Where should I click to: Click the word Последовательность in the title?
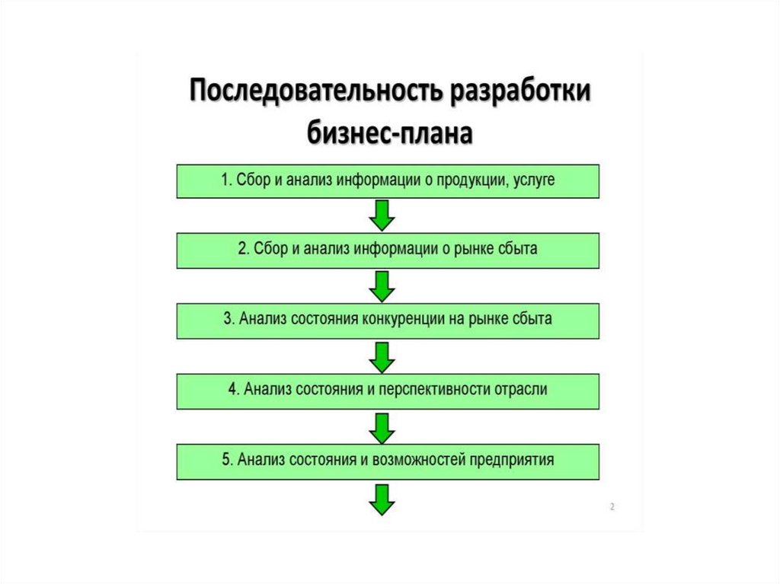pos(315,92)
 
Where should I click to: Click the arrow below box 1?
pos(382,215)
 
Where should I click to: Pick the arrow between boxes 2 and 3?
pos(382,286)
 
